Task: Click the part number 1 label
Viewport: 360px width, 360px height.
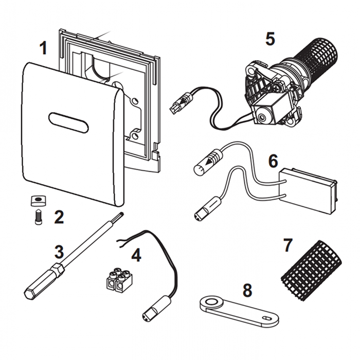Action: pos(43,49)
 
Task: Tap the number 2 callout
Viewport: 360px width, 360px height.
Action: pos(59,217)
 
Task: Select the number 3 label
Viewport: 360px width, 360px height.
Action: pos(59,252)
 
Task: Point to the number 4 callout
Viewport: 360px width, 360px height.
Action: pos(136,255)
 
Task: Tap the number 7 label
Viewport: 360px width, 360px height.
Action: pos(288,245)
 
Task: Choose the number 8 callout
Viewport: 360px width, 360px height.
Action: pos(248,290)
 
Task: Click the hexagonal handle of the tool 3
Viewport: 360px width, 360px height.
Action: pos(39,284)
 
